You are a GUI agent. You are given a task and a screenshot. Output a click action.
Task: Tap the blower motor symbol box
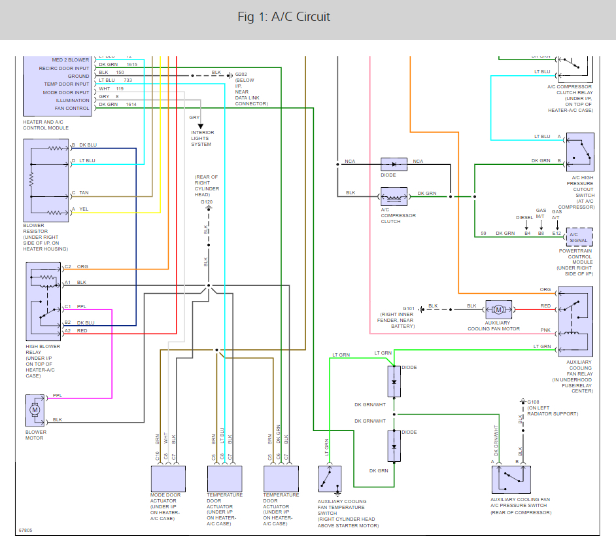pyautogui.click(x=35, y=410)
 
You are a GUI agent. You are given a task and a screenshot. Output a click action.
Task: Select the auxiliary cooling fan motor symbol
pyautogui.click(x=498, y=309)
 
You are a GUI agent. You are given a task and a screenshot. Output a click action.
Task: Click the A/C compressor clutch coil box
pyautogui.click(x=394, y=196)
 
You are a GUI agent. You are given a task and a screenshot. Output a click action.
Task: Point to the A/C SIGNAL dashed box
pyautogui.click(x=579, y=236)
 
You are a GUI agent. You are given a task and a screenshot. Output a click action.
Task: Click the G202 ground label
pyautogui.click(x=241, y=74)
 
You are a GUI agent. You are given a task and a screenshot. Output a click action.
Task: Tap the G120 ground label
pyautogui.click(x=207, y=202)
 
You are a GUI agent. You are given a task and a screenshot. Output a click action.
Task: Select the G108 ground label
pyautogui.click(x=534, y=402)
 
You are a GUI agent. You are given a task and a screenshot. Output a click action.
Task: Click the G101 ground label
pyautogui.click(x=409, y=307)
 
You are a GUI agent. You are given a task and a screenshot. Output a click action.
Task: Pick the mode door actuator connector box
pyautogui.click(x=167, y=479)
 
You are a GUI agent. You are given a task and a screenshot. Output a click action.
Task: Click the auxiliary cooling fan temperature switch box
pyautogui.click(x=330, y=480)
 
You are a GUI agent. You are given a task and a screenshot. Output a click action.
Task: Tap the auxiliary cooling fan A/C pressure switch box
pyautogui.click(x=511, y=480)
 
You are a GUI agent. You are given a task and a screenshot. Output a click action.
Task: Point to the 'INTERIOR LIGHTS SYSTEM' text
pyautogui.click(x=202, y=138)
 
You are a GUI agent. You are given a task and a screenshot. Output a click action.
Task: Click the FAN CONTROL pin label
pyautogui.click(x=73, y=109)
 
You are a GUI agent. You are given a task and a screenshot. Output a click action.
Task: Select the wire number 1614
pyautogui.click(x=131, y=105)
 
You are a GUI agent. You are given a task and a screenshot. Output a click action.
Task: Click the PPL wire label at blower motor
pyautogui.click(x=58, y=395)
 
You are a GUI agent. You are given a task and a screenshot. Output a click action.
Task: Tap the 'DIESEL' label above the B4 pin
pyautogui.click(x=524, y=217)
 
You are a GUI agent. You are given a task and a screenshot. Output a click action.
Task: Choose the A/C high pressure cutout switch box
pyautogui.click(x=580, y=152)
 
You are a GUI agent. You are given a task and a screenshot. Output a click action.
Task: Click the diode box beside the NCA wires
pyautogui.click(x=394, y=164)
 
